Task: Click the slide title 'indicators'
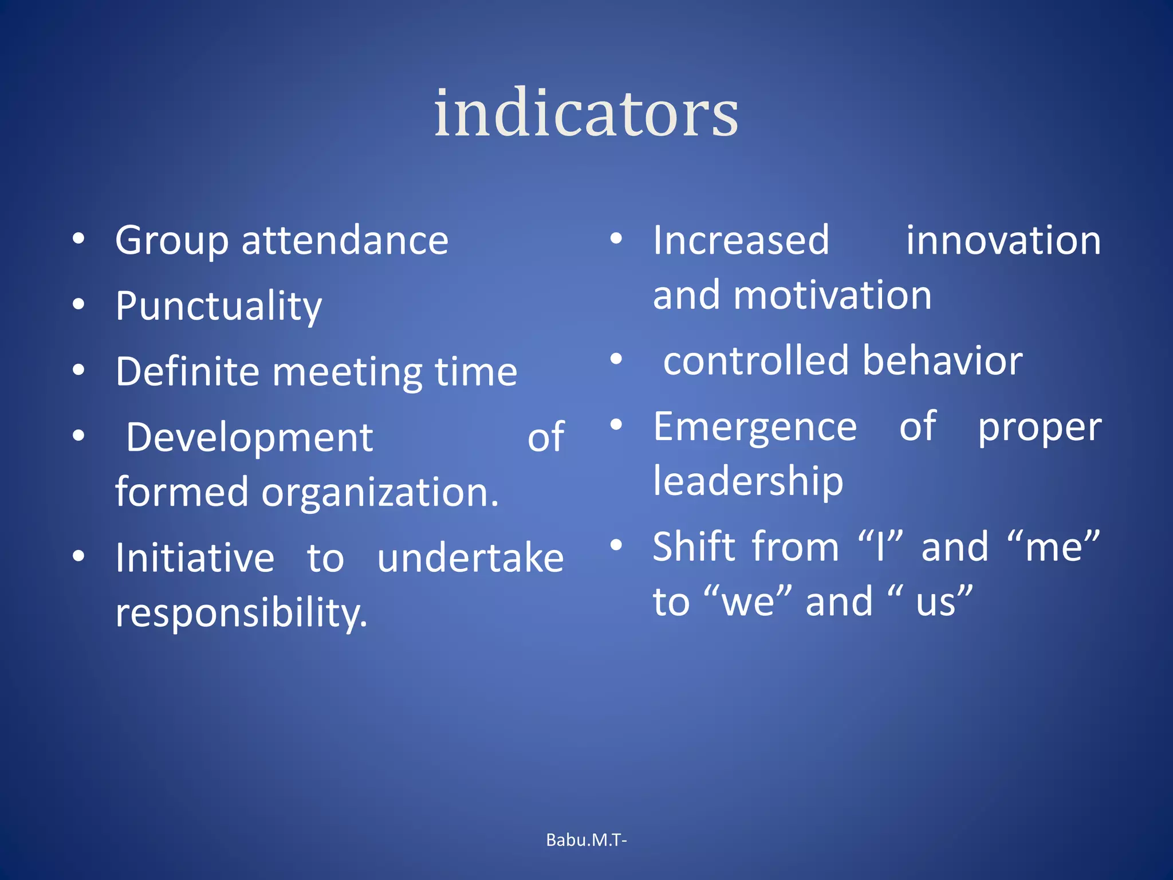[586, 113]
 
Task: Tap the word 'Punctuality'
[218, 306]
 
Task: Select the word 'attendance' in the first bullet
[345, 240]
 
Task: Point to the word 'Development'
[249, 438]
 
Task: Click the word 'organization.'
[380, 493]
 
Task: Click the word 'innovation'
[1003, 240]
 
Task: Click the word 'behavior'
[942, 361]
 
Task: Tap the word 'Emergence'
[755, 427]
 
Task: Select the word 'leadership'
[748, 481]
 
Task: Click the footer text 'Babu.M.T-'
[586, 840]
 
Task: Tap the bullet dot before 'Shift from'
[616, 544]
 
